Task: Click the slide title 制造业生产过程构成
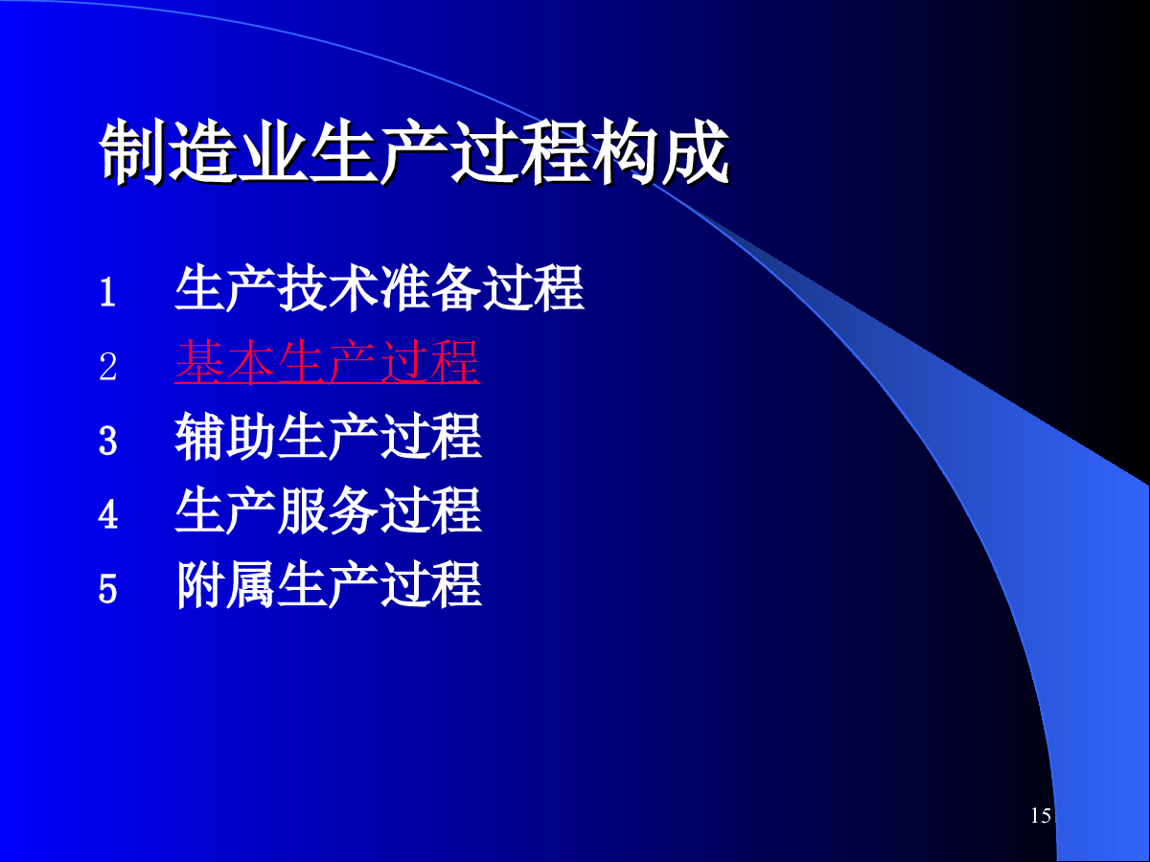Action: [414, 151]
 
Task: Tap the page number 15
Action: [1041, 816]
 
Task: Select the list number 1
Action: [108, 291]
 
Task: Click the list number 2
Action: [108, 367]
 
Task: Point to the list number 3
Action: [108, 441]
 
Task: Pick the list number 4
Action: [108, 514]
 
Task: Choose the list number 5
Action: [108, 589]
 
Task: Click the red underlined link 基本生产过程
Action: [328, 362]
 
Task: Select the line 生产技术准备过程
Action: [379, 288]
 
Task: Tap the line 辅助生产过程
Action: [328, 437]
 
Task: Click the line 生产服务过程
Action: [328, 510]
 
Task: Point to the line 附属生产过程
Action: [328, 584]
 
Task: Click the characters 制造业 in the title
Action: [204, 151]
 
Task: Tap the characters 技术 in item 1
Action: [328, 288]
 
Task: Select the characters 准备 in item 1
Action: [430, 288]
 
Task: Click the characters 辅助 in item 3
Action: [225, 437]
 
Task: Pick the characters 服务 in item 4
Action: [328, 510]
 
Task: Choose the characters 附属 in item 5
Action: [225, 584]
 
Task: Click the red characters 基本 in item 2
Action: [225, 362]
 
